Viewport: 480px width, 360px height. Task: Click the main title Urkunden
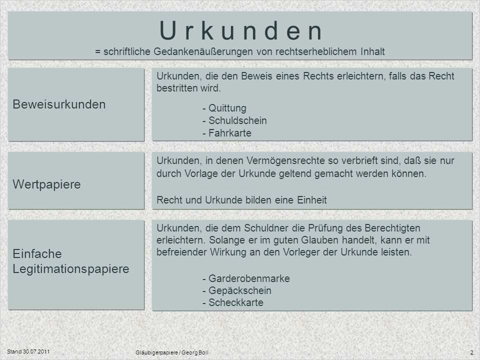click(241, 30)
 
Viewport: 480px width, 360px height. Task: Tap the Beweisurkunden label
click(59, 104)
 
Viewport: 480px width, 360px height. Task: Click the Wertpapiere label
click(46, 184)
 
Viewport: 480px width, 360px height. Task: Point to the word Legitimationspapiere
click(71, 269)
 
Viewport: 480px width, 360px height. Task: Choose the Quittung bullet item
click(227, 108)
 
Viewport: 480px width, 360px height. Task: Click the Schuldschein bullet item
click(237, 120)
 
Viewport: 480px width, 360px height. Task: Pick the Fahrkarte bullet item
click(230, 133)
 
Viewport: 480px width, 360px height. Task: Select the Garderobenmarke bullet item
click(249, 278)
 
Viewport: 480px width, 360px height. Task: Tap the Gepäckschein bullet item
click(240, 291)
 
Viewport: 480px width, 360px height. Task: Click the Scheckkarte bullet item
click(236, 303)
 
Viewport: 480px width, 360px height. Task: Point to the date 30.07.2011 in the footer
click(36, 351)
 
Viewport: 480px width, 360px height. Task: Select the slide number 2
click(471, 352)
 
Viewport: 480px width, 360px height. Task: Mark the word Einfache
click(37, 254)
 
